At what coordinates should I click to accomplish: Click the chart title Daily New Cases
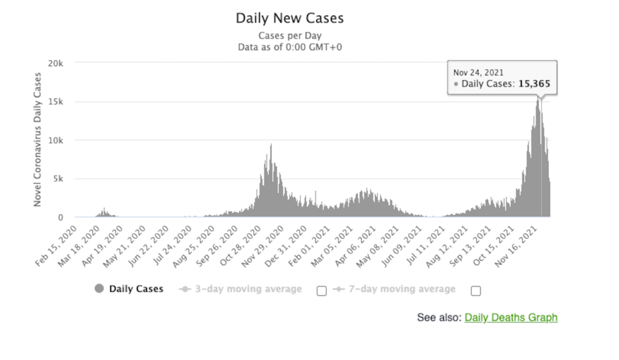point(290,18)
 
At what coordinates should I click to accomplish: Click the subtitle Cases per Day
point(290,36)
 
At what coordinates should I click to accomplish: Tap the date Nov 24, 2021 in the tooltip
point(478,72)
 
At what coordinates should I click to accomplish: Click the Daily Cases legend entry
point(135,289)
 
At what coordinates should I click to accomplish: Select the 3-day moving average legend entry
point(248,289)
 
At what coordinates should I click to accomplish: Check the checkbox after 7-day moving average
point(476,291)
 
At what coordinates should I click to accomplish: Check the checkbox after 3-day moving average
point(322,291)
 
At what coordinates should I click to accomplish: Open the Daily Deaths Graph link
point(511,318)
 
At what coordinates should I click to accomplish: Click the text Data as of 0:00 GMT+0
point(290,47)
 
